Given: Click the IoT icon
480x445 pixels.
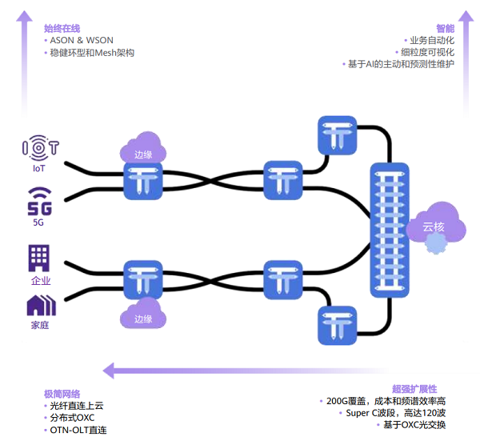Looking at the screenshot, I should tap(39, 148).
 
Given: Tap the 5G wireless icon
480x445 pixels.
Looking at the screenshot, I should tap(39, 201).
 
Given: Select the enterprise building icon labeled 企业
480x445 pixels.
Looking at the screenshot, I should tap(39, 258).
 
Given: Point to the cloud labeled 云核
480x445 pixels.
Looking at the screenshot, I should tap(434, 227).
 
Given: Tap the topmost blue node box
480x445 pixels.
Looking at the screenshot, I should tap(338, 135).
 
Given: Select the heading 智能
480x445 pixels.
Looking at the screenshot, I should tap(445, 28).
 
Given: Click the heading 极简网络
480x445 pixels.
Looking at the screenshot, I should tap(62, 394).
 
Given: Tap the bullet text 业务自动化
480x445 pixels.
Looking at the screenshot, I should tap(431, 40).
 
